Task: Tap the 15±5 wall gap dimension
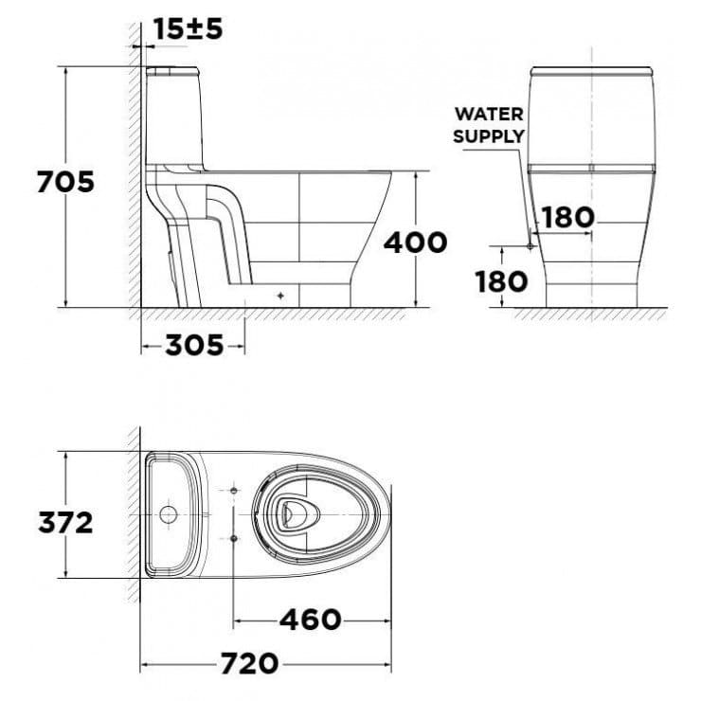(188, 29)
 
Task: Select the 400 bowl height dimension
(415, 242)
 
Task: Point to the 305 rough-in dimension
(194, 345)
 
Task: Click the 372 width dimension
(64, 521)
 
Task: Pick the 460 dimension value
(310, 620)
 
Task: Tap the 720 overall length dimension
(250, 662)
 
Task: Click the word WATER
(489, 114)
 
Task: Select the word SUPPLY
(489, 135)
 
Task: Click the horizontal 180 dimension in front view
(567, 217)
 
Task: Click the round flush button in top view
(168, 516)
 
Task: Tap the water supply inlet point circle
(530, 245)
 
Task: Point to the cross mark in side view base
(279, 296)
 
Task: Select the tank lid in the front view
(591, 72)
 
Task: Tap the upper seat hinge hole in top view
(233, 491)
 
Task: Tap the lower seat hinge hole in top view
(233, 537)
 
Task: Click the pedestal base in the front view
(591, 294)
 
